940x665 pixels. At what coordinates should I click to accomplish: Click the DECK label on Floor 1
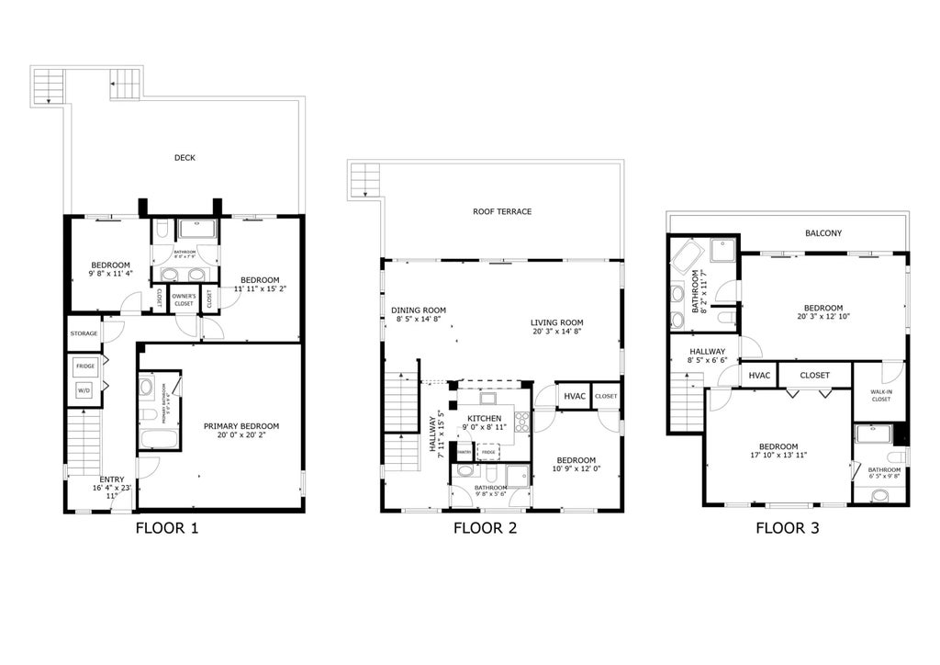pos(185,158)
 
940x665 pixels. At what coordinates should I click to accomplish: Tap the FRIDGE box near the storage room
pos(84,366)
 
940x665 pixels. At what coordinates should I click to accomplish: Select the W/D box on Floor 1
pos(84,390)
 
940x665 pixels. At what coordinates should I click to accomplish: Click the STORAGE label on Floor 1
pos(84,333)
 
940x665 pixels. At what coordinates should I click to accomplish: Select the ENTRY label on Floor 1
pos(111,479)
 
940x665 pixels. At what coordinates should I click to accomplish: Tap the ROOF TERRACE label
pos(502,212)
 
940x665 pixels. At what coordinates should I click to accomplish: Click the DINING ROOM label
pos(418,310)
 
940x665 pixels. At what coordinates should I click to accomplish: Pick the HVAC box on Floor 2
pos(574,396)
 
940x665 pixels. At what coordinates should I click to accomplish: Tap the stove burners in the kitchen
pos(522,422)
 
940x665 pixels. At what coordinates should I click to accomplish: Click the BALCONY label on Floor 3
pos(822,233)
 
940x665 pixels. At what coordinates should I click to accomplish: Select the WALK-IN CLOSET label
pos(880,395)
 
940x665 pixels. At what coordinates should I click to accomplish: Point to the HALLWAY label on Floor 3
pos(708,352)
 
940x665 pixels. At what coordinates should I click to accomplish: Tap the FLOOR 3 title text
pos(788,528)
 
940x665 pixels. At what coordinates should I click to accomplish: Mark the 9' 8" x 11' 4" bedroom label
pos(110,273)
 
